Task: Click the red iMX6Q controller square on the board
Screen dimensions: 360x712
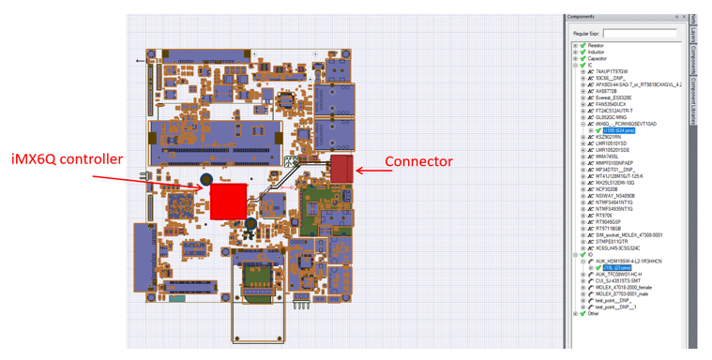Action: (x=228, y=202)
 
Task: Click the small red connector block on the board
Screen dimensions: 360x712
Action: (x=341, y=169)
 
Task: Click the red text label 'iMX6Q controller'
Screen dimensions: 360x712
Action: (x=67, y=159)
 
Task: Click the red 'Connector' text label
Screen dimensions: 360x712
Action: (x=418, y=161)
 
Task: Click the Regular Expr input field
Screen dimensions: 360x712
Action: (x=639, y=34)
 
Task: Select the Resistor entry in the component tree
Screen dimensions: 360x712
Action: (x=596, y=45)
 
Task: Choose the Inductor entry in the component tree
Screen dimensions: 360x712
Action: (x=596, y=52)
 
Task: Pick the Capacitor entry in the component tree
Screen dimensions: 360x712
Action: (x=597, y=58)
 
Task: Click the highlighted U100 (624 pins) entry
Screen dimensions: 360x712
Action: (x=618, y=130)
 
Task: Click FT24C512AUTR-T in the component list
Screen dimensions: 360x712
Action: (x=614, y=111)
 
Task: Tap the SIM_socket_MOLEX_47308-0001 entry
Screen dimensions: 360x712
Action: (x=629, y=235)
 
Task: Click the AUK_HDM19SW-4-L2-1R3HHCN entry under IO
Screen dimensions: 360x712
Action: (x=629, y=262)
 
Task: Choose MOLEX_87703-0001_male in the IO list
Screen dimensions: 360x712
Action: (x=624, y=294)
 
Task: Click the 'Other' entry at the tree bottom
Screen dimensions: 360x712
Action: (x=594, y=314)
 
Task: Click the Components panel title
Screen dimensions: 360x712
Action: (x=581, y=16)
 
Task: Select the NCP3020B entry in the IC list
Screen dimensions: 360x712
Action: (x=607, y=189)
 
